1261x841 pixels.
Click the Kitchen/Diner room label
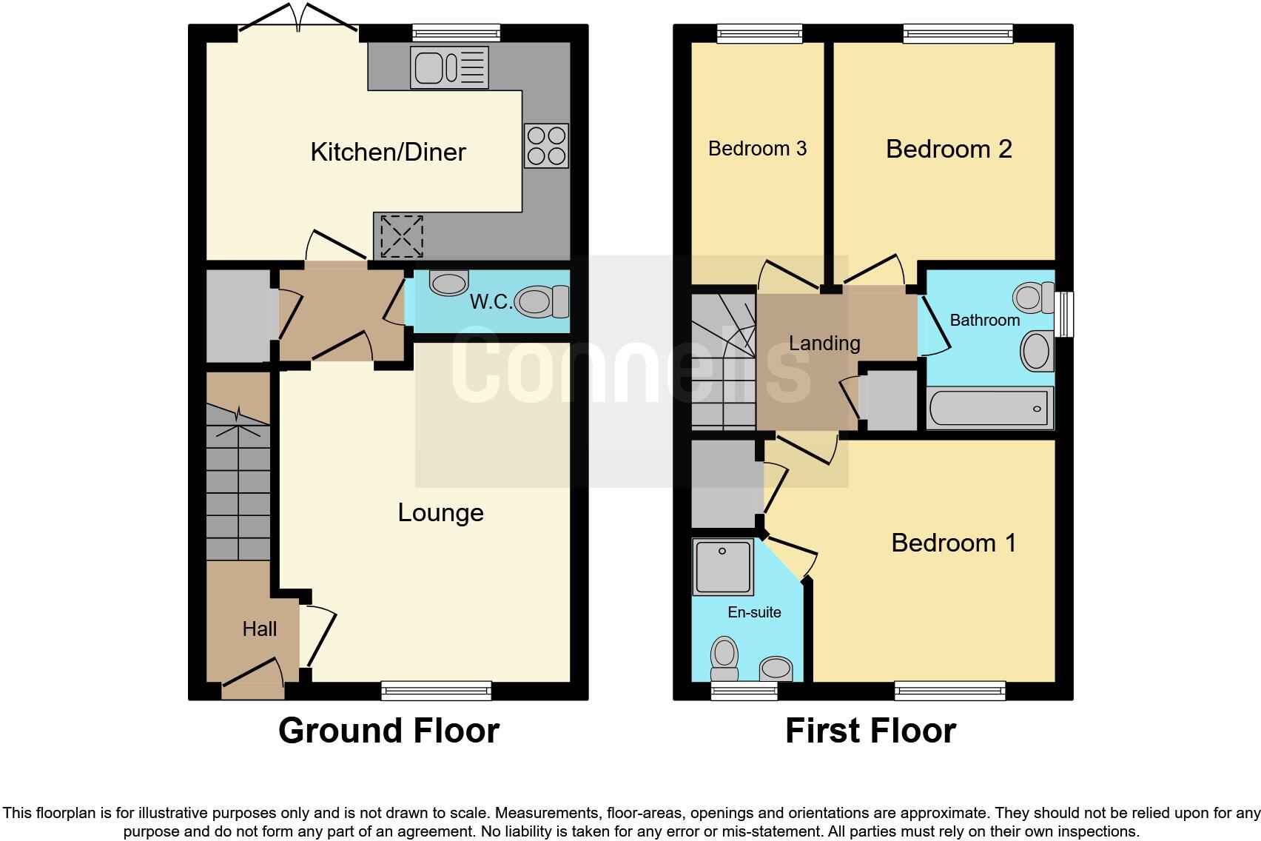pos(388,153)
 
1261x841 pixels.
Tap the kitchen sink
pos(449,68)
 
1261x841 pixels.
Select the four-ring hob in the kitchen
pos(546,146)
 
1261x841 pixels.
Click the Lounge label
pos(440,512)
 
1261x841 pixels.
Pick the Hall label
pos(259,629)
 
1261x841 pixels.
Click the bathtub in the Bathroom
pos(989,409)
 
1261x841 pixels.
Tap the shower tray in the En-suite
pos(723,567)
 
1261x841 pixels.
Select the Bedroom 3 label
pos(757,149)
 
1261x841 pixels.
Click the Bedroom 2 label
pos(949,149)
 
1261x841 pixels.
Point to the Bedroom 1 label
pos(953,543)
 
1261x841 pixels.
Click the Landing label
pos(824,344)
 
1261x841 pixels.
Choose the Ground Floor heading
pos(389,731)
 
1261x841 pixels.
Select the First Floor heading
pos(870,731)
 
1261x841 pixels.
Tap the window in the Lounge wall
pos(437,691)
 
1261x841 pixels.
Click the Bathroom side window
pos(1064,315)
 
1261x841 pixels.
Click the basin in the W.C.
pos(449,282)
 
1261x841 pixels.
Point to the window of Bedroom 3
pos(759,33)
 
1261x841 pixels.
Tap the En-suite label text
pos(754,612)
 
